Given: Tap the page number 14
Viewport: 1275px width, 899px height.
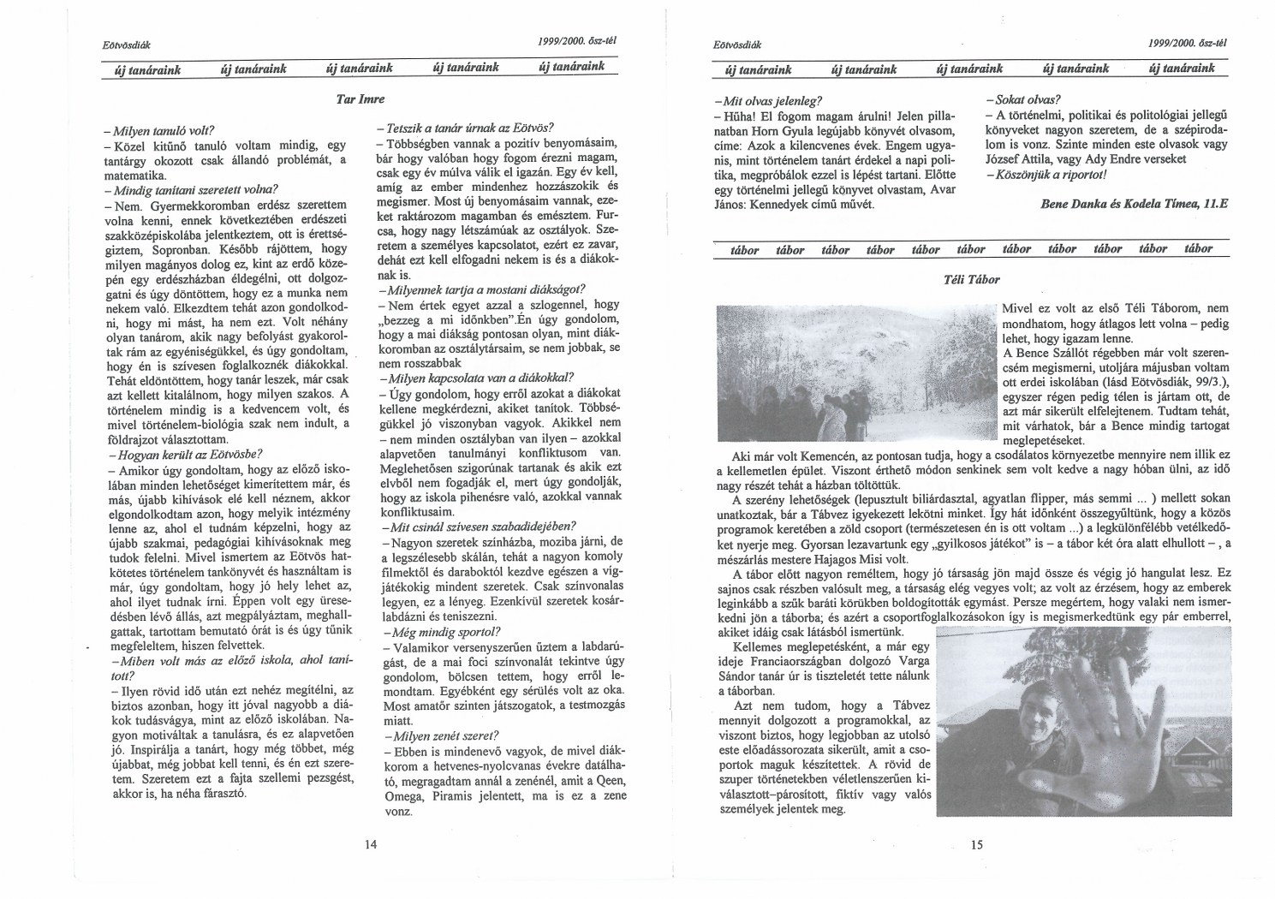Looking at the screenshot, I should (x=371, y=844).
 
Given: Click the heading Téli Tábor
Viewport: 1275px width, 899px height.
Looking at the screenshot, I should (x=970, y=279).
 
